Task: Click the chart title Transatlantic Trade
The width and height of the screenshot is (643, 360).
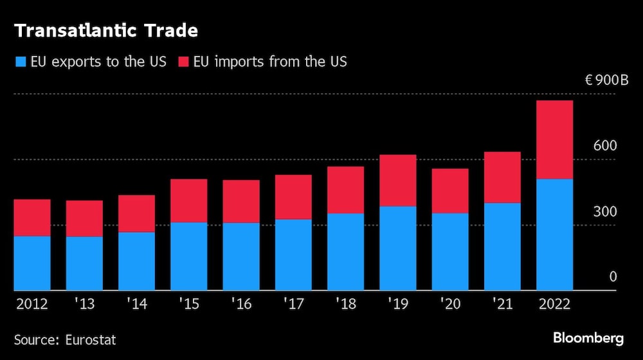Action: click(106, 30)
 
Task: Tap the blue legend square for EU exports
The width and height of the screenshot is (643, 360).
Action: click(20, 62)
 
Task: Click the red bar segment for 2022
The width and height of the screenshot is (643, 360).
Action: click(554, 139)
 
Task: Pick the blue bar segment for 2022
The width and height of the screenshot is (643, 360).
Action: click(554, 235)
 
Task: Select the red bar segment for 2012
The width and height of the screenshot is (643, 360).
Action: click(32, 218)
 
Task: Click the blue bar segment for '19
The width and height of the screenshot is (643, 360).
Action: click(397, 248)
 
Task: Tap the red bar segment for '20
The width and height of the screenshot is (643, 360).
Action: click(450, 191)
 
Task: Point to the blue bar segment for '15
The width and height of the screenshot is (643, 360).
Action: click(188, 256)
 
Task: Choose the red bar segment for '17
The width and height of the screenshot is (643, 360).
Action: click(293, 197)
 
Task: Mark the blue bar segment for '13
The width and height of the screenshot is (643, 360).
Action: click(84, 264)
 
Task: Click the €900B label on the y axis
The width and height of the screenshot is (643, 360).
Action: click(606, 80)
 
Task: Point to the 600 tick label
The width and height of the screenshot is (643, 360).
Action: click(605, 146)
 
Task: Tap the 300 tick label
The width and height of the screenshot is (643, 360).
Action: click(605, 212)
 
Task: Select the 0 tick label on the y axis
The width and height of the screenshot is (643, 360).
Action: click(613, 277)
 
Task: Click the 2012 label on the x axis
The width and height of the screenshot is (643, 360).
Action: click(32, 304)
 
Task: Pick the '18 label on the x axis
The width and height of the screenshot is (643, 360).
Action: click(345, 304)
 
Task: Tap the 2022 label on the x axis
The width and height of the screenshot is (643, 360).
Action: click(554, 304)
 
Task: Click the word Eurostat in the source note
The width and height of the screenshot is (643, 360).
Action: click(89, 339)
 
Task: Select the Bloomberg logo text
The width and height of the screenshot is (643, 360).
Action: click(588, 338)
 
